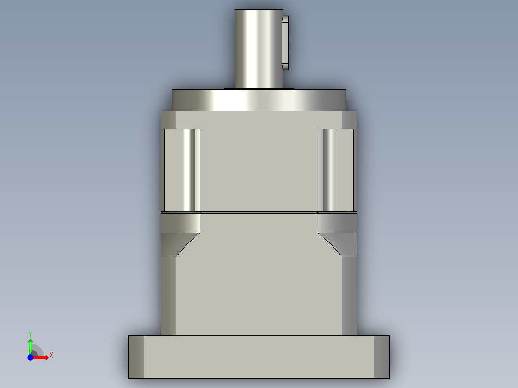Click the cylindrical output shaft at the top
click(x=258, y=48)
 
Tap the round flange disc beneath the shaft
click(x=259, y=100)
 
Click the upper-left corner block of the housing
click(x=169, y=120)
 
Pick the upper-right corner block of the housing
click(x=349, y=120)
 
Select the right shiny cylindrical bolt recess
click(x=329, y=170)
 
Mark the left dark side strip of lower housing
click(x=169, y=295)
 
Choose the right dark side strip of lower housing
click(x=349, y=295)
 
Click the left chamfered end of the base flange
click(x=136, y=357)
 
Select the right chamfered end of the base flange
click(x=382, y=357)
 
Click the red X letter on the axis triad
click(x=51, y=355)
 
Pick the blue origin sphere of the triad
click(x=30, y=358)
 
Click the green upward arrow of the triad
click(x=30, y=345)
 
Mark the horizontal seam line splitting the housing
click(x=259, y=212)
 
